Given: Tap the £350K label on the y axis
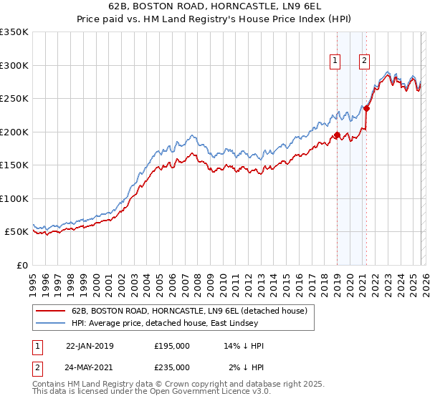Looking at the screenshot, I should (x=14, y=32).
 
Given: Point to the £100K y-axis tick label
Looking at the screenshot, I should (x=14, y=198).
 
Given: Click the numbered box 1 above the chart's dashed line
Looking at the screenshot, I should (x=335, y=62).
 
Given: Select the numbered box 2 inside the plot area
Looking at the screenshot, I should (x=364, y=62).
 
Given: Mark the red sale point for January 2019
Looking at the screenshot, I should (x=337, y=135).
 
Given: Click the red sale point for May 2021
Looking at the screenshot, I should (x=366, y=109).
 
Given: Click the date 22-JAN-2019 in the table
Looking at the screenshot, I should (x=89, y=346).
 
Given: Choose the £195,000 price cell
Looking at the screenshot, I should (x=172, y=346).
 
